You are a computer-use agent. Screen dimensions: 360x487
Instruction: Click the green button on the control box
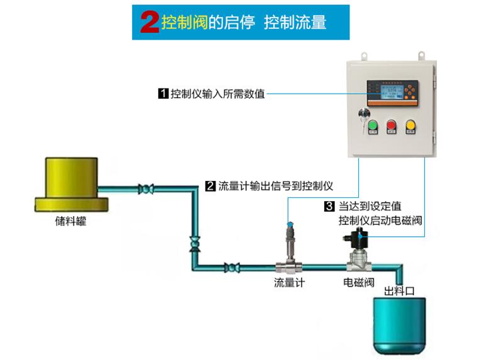tap(372, 126)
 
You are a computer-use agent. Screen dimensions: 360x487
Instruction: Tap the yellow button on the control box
tap(412, 126)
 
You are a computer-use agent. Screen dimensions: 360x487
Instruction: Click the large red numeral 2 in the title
tap(149, 23)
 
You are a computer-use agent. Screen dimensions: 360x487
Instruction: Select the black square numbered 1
tap(163, 94)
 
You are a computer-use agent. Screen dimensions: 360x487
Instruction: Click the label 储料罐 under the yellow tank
tap(70, 222)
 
